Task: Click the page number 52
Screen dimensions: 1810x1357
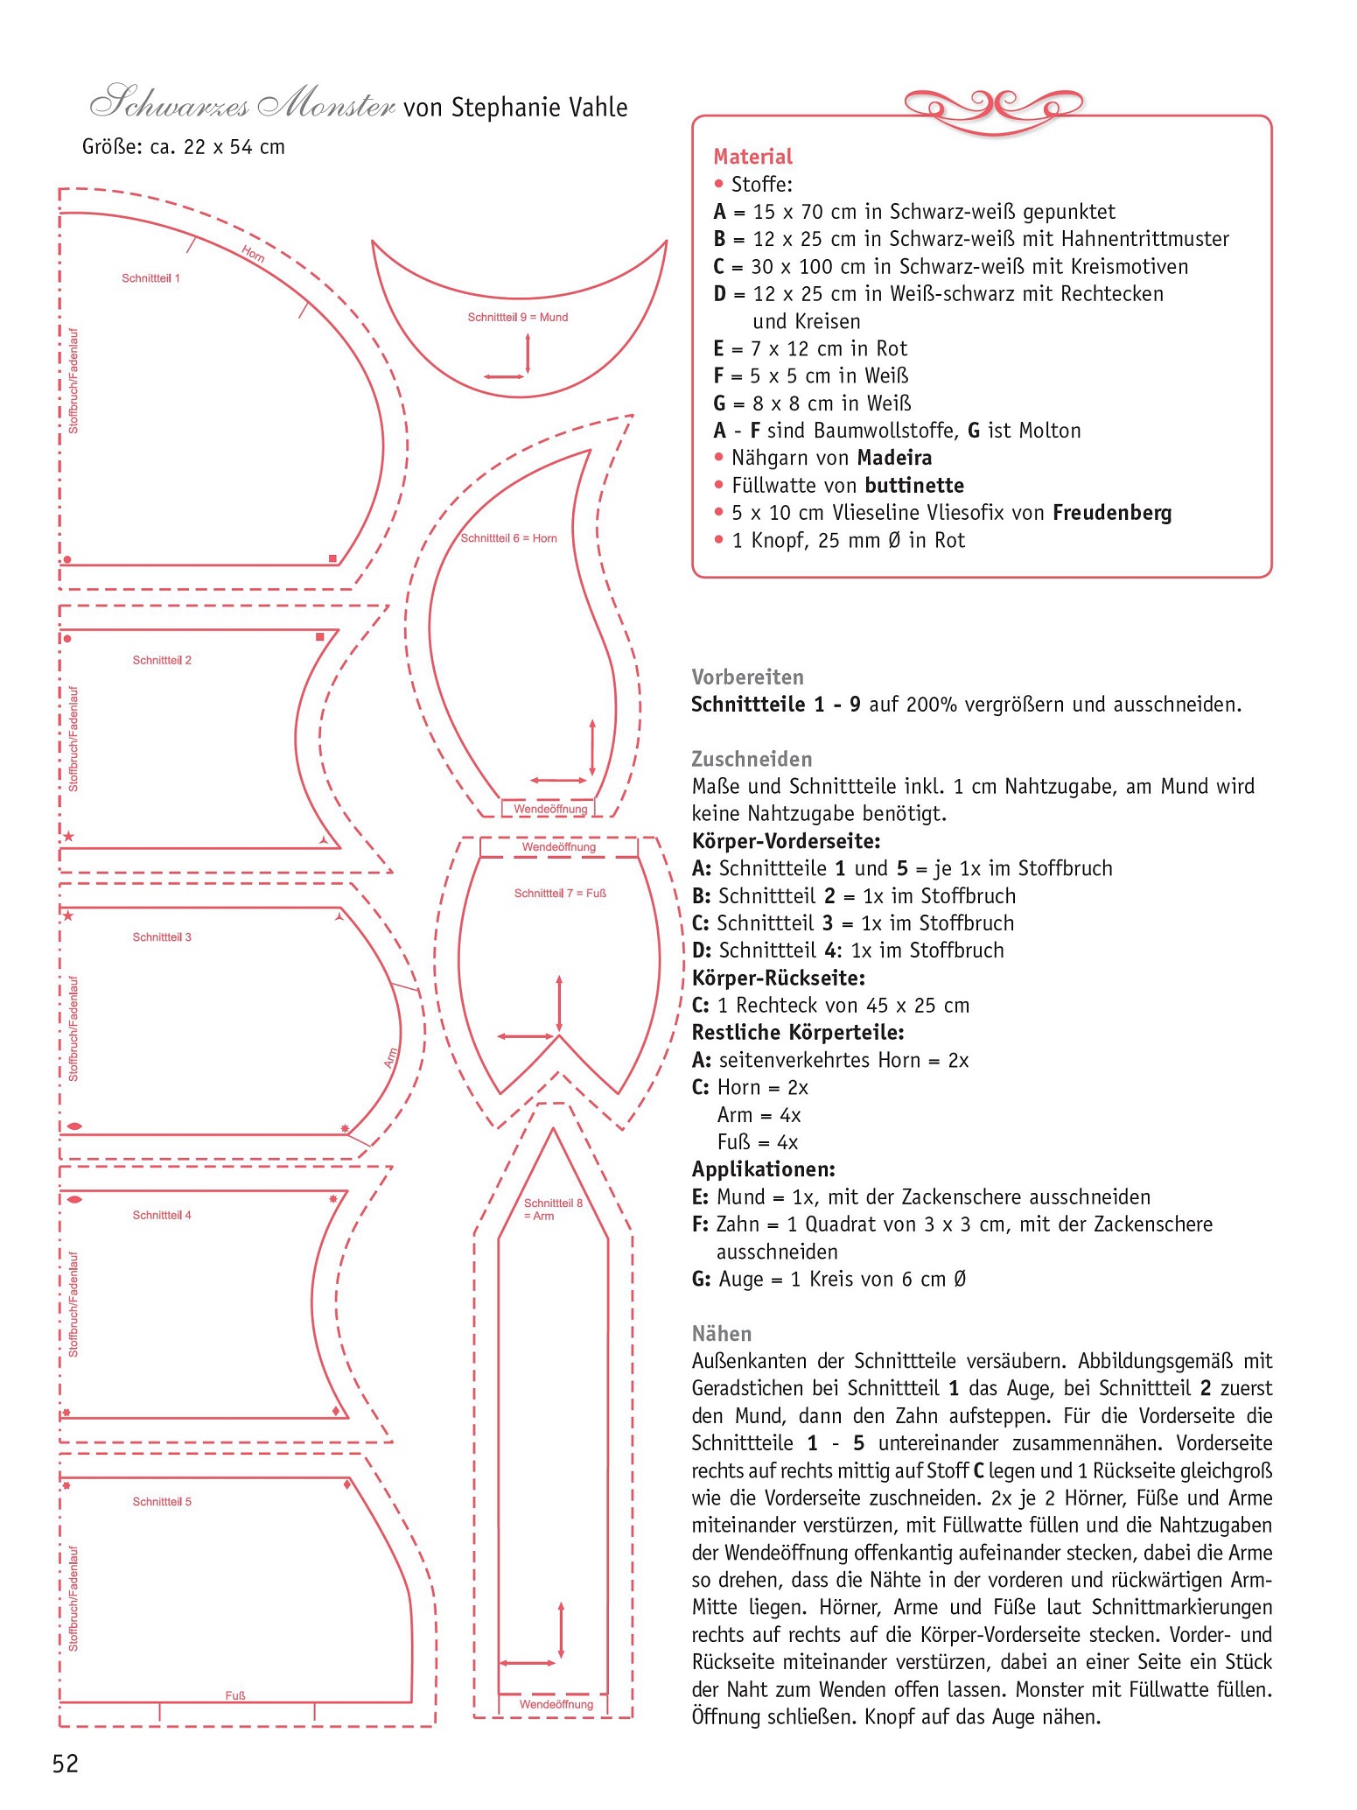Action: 66,1764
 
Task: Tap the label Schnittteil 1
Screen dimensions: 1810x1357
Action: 150,278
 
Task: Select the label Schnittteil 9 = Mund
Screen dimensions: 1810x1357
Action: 517,317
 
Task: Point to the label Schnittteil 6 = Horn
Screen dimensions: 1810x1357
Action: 508,538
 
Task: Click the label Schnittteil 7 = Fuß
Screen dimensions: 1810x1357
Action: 560,894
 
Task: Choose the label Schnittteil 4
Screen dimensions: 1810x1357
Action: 162,1215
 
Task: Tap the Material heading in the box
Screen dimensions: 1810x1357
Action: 752,157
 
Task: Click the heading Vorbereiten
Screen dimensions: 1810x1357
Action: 747,677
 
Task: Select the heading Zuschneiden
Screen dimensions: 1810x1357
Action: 752,759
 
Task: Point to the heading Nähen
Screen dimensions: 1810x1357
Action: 721,1333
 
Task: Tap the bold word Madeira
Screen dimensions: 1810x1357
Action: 894,458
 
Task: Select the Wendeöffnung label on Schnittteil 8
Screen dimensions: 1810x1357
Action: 556,1704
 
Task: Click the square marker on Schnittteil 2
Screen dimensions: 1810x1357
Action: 320,637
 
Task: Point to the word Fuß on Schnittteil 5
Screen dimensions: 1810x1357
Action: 234,1695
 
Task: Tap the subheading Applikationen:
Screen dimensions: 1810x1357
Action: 763,1169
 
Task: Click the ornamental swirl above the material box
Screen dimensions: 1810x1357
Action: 993,106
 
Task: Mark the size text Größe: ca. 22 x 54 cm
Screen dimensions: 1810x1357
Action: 184,147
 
